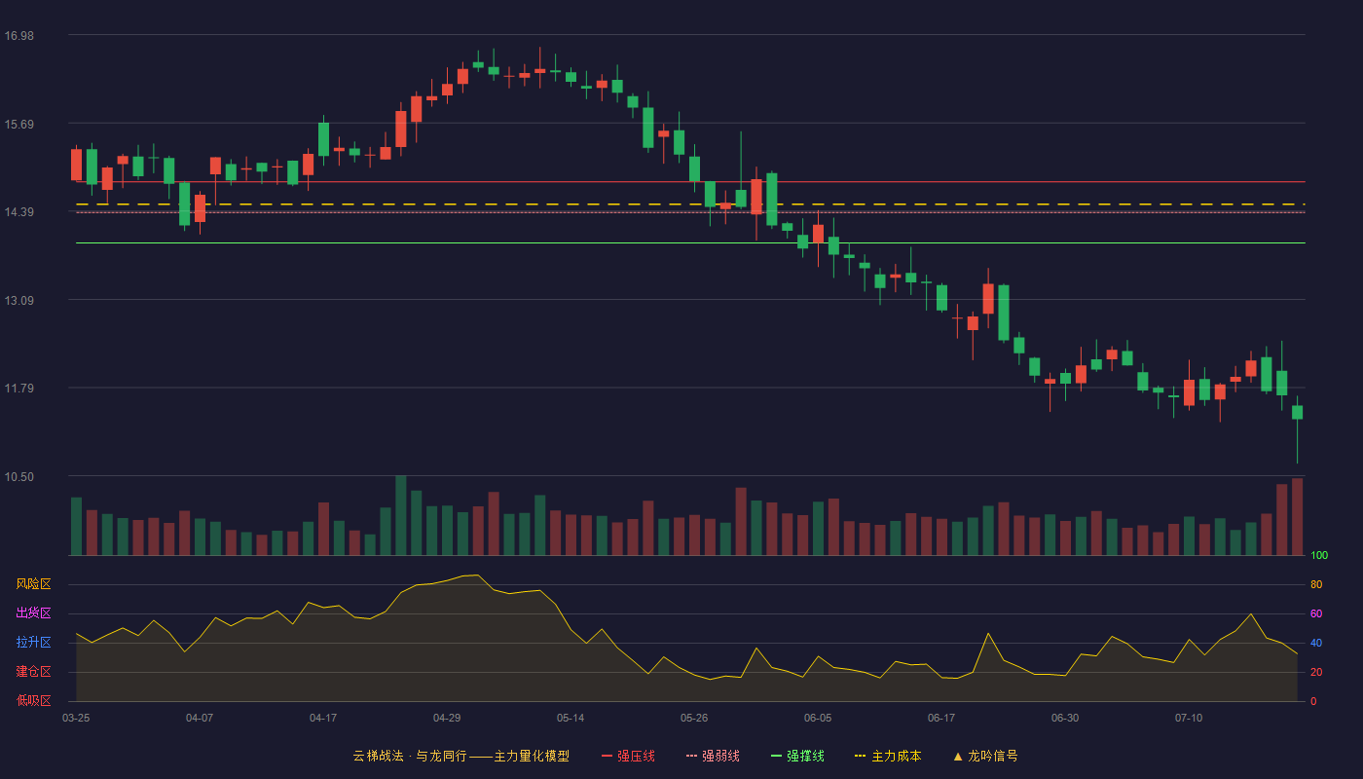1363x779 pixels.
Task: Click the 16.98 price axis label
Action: coord(19,36)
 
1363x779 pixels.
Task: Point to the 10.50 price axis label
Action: coord(19,477)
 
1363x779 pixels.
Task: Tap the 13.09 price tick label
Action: coord(19,301)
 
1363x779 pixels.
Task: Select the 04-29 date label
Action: coord(447,719)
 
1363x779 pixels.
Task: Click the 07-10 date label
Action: coord(1189,719)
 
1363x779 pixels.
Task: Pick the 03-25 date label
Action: coord(76,719)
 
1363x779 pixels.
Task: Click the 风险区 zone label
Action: coord(33,584)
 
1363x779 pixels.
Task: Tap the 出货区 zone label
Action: coord(33,612)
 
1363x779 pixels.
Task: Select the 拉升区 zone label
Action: coord(33,642)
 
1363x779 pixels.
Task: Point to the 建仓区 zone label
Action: coord(33,671)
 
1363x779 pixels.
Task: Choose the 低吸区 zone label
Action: coord(33,700)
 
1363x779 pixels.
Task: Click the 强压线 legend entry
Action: coord(628,757)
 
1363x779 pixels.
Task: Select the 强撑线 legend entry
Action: coord(797,757)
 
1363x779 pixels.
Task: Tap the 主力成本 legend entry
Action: coord(888,757)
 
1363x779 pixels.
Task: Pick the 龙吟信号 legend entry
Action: coord(985,757)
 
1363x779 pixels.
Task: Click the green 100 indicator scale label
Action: coord(1319,556)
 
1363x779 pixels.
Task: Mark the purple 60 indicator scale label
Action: coord(1316,613)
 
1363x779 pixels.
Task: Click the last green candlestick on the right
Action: coord(1297,413)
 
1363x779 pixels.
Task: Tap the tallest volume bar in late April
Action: coord(401,515)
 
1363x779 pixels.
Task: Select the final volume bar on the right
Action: coord(1297,517)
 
